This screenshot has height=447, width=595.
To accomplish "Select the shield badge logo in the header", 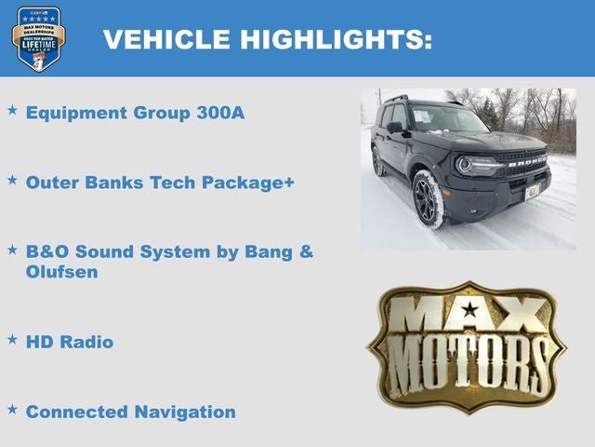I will coord(38,38).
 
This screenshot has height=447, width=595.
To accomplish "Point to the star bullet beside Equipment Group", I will coord(12,111).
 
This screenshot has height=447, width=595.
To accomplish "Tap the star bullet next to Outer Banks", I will coord(12,180).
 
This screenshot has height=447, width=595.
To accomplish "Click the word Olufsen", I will coord(61,273).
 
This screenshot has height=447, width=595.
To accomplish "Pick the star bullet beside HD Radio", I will coord(12,340).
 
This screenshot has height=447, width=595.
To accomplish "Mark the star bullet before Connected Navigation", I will coord(12,409).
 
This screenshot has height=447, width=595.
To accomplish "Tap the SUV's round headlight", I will coord(464,165).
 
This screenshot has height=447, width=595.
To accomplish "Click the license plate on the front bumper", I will coord(533,192).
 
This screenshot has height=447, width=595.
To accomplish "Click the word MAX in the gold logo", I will coord(468,316).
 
